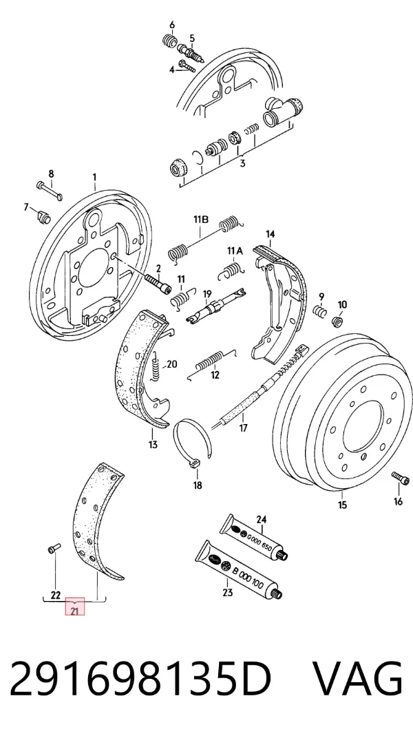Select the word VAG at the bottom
click(357, 679)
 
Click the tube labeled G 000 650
click(254, 536)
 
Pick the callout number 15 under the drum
click(342, 505)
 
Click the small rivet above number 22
click(54, 548)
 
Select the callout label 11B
click(200, 220)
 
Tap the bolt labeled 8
click(49, 190)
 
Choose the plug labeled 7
click(43, 218)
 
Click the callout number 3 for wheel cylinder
click(242, 164)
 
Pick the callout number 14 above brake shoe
click(270, 234)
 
